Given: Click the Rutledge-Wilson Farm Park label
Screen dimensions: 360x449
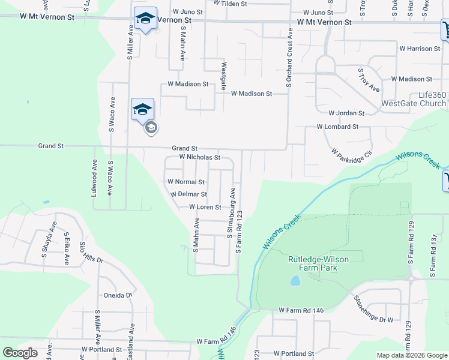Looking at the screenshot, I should click(326, 263).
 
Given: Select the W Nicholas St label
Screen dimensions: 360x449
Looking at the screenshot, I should click(200, 157).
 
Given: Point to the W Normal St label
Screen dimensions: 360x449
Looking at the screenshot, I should click(186, 182).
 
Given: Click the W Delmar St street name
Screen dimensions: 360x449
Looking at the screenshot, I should click(188, 194).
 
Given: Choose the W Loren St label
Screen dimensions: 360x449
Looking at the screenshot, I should click(205, 207).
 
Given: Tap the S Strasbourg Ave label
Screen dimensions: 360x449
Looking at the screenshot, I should click(230, 213).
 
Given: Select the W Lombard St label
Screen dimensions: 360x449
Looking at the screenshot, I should click(337, 127).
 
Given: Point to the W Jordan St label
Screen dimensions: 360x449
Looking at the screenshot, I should click(346, 113).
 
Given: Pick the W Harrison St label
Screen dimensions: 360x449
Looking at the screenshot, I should click(420, 49).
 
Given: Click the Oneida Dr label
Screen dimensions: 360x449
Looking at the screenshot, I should click(117, 295).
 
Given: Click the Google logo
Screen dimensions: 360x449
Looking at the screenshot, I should click(20, 353).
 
